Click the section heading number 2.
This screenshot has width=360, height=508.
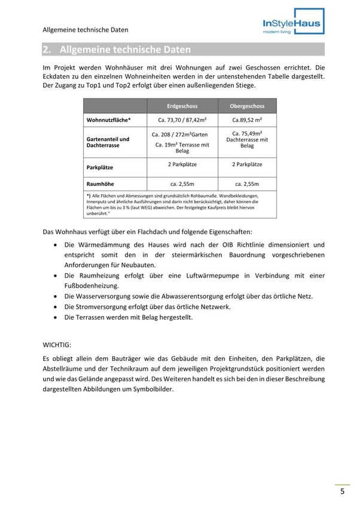click(x=47, y=50)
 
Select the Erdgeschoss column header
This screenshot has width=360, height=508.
click(x=182, y=106)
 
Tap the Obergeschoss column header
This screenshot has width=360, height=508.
click(x=247, y=106)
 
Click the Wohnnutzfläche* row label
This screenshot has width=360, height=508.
click(x=109, y=120)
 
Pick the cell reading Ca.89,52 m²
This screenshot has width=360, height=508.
click(x=247, y=120)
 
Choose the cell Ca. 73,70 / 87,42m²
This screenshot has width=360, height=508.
click(x=182, y=120)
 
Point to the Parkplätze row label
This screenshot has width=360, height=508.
click(x=100, y=167)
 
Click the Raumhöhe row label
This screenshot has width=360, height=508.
click(x=100, y=184)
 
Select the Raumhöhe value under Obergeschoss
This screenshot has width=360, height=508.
click(x=247, y=184)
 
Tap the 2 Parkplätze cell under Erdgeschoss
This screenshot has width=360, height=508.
click(x=182, y=164)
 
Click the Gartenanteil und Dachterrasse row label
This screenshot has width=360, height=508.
click(x=108, y=142)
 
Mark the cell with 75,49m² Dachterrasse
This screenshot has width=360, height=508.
click(x=247, y=139)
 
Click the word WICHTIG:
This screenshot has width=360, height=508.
click(x=57, y=345)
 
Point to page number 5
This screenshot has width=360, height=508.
click(x=342, y=492)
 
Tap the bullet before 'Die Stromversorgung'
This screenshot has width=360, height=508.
click(x=56, y=307)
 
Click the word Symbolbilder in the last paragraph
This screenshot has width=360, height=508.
click(x=152, y=389)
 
